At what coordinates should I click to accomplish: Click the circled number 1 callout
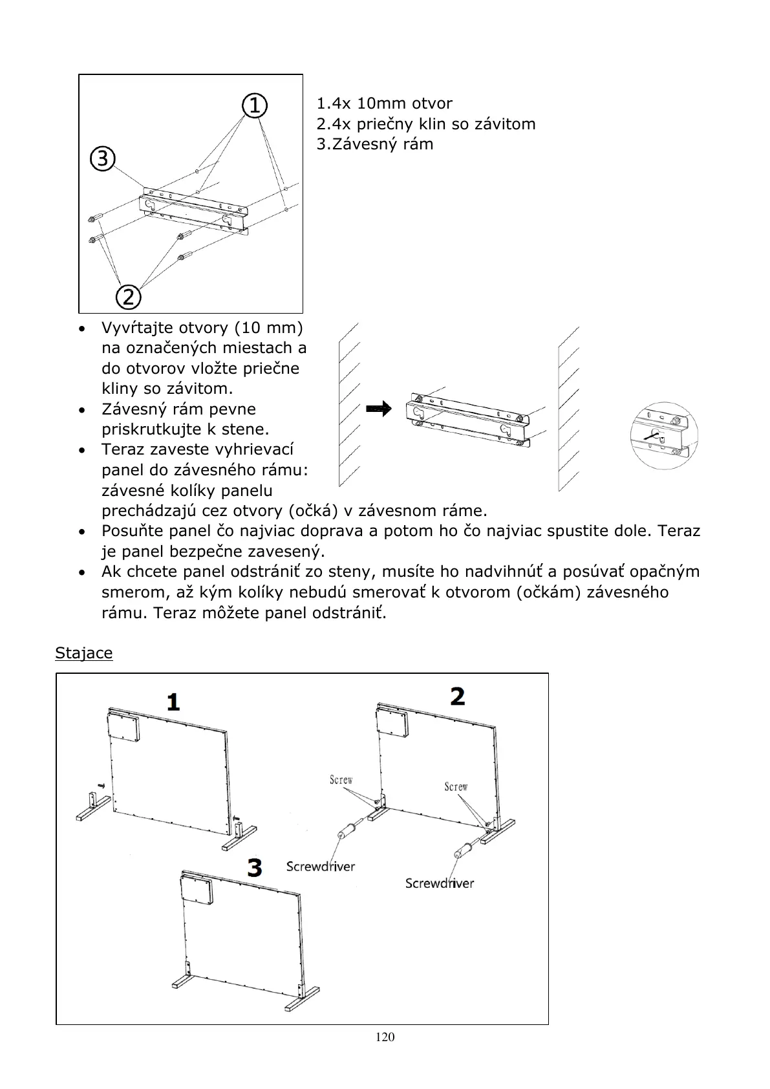255,105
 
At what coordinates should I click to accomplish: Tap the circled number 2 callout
128,297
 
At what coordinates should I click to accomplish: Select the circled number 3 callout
102,158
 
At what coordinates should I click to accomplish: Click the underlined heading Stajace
83,653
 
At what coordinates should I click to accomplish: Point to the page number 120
385,1037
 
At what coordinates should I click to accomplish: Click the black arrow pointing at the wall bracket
379,409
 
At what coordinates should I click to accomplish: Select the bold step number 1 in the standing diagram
173,702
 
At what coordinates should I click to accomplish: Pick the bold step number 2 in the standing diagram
457,696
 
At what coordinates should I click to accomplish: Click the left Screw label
341,780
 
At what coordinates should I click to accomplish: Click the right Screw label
456,786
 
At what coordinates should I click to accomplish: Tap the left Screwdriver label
321,867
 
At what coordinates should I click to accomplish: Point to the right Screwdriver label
440,883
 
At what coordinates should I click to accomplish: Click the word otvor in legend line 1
432,103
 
